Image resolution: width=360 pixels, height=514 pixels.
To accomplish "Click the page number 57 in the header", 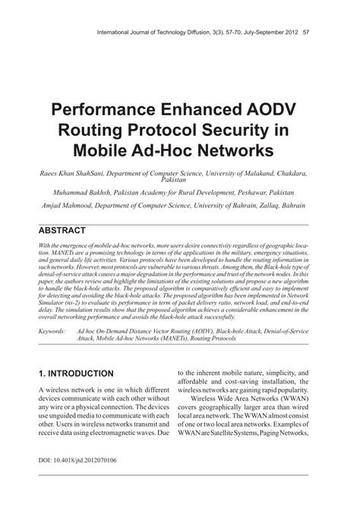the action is click(x=305, y=33).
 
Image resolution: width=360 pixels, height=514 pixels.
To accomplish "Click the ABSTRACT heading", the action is click(x=62, y=230).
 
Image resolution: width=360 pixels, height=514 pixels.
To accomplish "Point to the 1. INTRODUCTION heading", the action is click(x=77, y=374).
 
